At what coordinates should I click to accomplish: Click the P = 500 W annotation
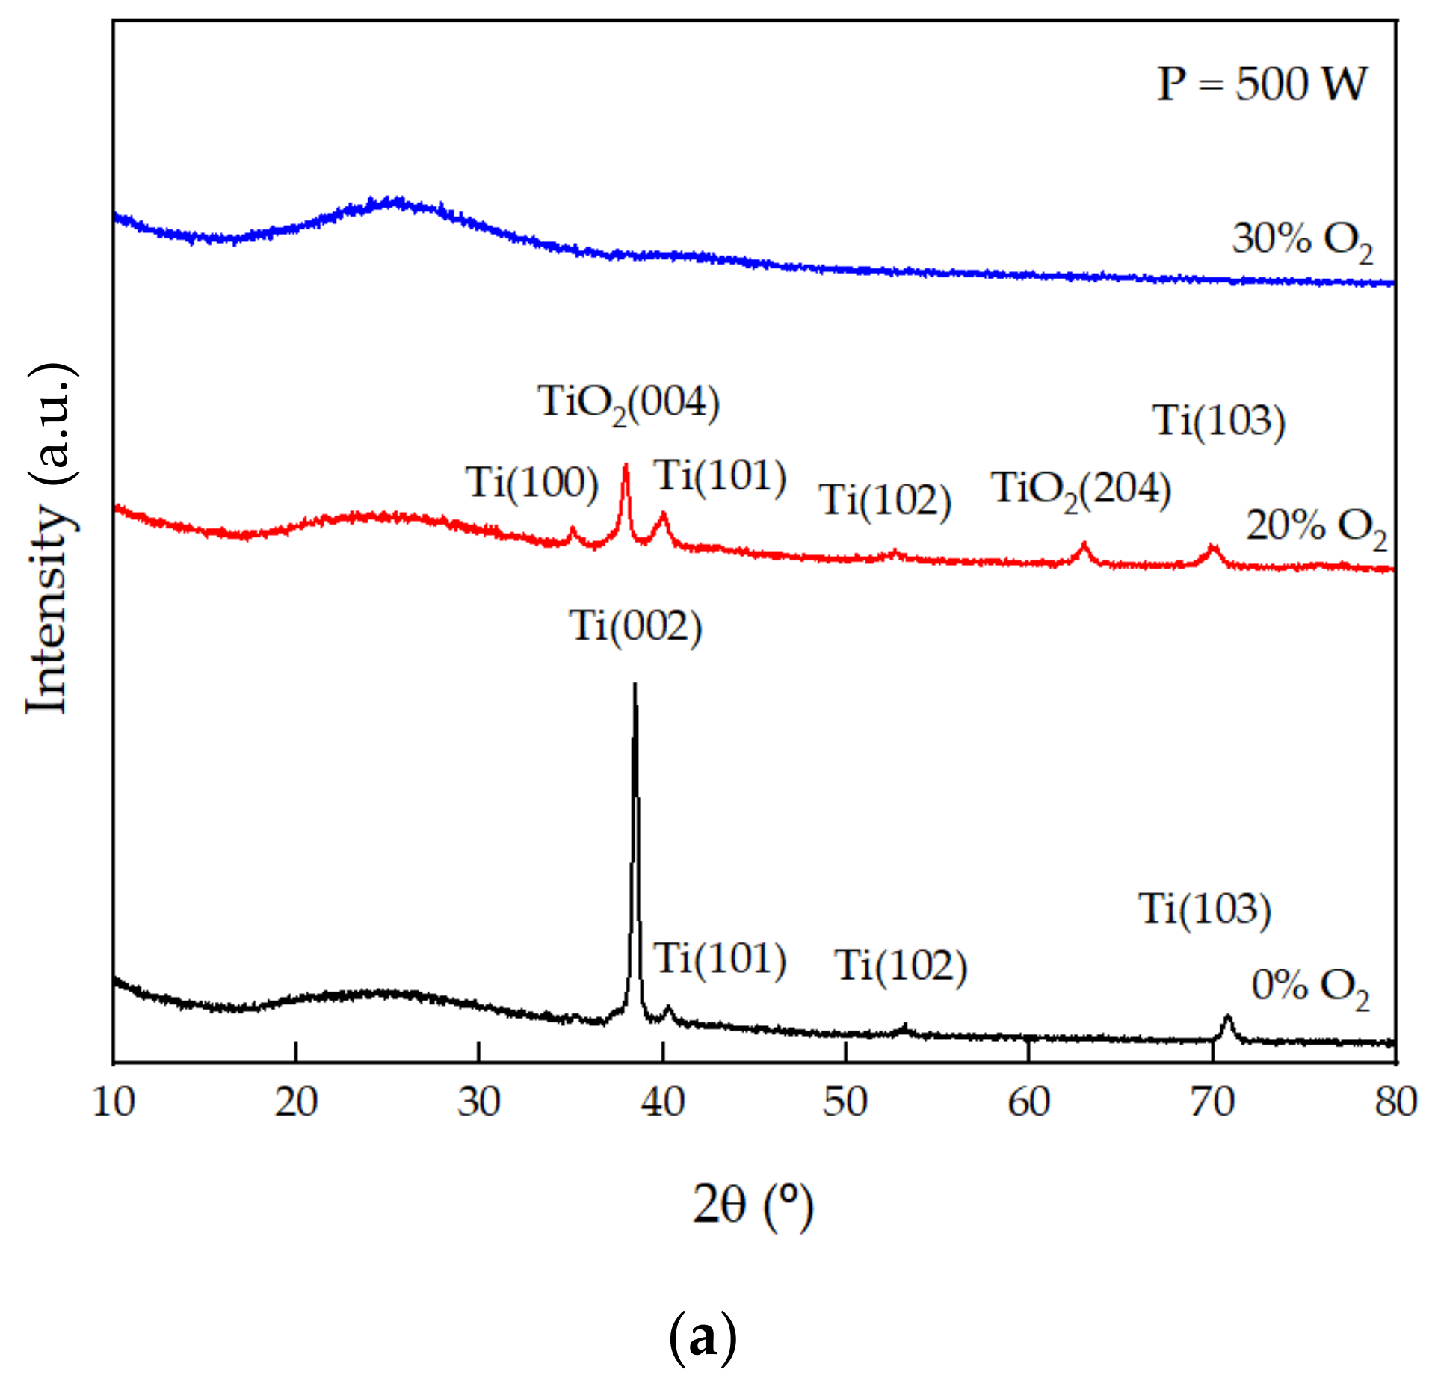(1262, 84)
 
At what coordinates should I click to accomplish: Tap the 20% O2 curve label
(1315, 528)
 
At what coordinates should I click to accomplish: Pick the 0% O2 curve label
(1310, 986)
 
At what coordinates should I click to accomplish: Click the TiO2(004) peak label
(629, 404)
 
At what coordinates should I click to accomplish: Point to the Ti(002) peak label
(636, 626)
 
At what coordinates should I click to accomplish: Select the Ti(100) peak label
(532, 483)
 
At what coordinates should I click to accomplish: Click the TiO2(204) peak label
(1081, 489)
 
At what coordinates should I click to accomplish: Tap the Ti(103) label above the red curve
(1219, 421)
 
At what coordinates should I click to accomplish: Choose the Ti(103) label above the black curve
(1205, 909)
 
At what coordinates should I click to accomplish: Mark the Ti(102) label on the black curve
(901, 966)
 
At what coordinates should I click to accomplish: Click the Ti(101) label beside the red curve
(720, 476)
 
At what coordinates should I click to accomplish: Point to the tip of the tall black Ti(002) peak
(635, 685)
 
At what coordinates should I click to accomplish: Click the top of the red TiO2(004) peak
(626, 466)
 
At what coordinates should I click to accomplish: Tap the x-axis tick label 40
(662, 1102)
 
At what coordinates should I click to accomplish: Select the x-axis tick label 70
(1212, 1102)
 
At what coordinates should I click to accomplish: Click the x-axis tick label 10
(114, 1102)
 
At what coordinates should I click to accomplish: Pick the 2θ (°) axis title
(753, 1205)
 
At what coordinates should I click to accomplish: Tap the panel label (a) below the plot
(703, 1338)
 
